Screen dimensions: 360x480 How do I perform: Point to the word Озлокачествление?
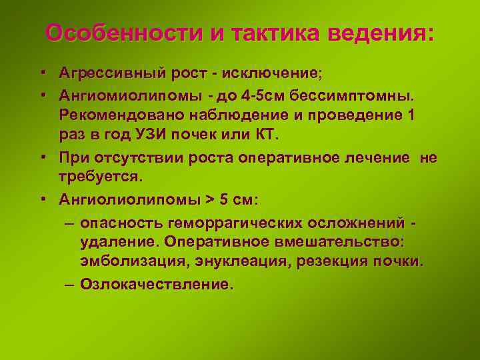(156, 285)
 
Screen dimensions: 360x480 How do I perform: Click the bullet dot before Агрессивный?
(42, 71)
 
